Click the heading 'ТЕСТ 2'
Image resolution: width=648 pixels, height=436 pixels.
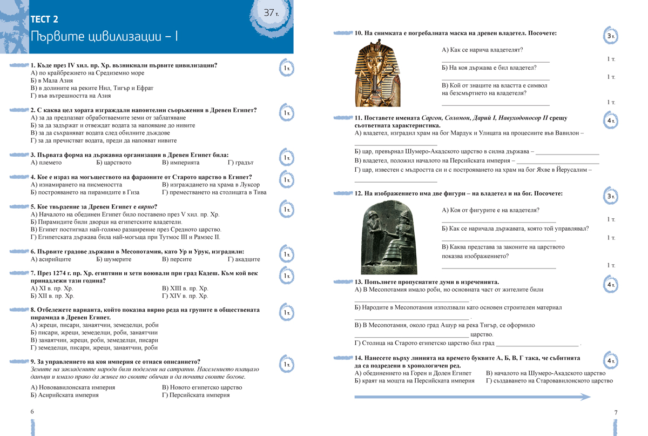(44, 20)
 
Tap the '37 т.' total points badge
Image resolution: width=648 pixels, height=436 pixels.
(271, 13)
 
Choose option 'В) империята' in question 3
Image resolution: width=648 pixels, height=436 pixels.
(180, 162)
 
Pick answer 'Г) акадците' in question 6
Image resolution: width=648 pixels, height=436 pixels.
(244, 259)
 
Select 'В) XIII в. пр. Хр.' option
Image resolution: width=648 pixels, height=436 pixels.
(185, 289)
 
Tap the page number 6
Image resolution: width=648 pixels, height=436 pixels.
(32, 412)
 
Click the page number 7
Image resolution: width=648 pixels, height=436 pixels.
(616, 413)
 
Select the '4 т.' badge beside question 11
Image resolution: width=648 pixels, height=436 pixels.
(610, 121)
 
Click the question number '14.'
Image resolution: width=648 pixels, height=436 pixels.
(359, 358)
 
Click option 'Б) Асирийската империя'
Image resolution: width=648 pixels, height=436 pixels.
(65, 395)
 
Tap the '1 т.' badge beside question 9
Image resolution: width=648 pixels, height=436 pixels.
(286, 365)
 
